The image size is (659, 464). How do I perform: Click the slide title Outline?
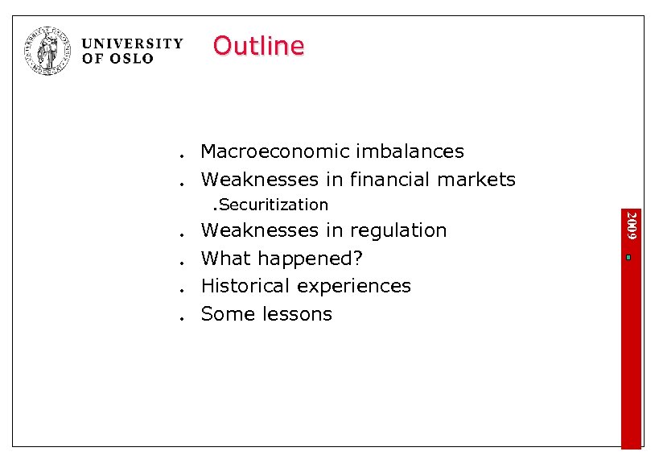pos(258,46)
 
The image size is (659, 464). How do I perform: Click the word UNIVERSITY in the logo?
pos(133,43)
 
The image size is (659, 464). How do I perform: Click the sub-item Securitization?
pos(274,205)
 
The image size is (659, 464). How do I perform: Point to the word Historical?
pos(245,286)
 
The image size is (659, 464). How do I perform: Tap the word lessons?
pos(299,314)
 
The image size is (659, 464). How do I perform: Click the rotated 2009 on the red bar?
pos(632,224)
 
